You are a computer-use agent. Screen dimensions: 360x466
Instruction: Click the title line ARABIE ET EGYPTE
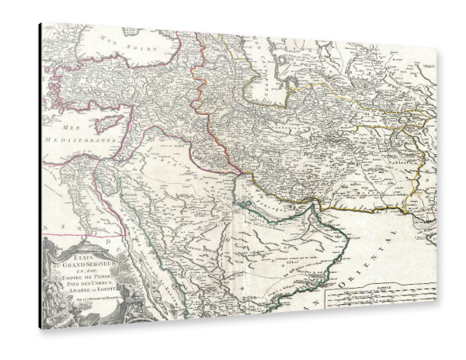click(87, 289)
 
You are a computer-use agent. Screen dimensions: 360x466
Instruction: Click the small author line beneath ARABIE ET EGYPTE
click(87, 296)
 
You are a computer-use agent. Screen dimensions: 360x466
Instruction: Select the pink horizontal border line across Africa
click(85, 234)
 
